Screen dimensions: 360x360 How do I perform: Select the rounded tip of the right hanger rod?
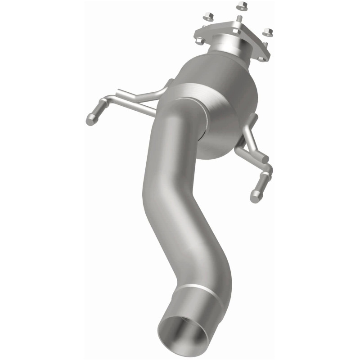click(x=255, y=195)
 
